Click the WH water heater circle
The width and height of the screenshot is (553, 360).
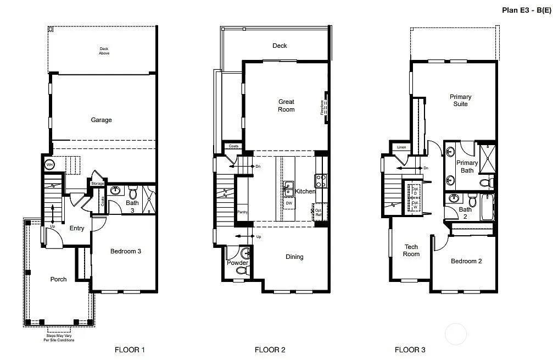(x=49, y=165)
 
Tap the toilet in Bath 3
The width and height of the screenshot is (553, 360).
(x=132, y=193)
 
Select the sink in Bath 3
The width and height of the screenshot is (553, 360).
(x=115, y=191)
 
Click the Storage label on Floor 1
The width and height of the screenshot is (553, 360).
(x=98, y=183)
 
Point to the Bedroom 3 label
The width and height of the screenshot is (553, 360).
(x=126, y=251)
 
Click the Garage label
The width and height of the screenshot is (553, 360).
(x=102, y=120)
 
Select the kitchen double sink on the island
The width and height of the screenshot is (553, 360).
(x=288, y=189)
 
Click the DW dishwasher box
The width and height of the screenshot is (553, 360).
(x=289, y=203)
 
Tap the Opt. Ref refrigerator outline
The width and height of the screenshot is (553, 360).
(x=320, y=212)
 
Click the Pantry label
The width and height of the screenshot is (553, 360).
(x=242, y=212)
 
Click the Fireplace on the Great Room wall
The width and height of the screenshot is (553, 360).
(x=325, y=107)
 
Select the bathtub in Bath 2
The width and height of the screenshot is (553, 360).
(x=487, y=207)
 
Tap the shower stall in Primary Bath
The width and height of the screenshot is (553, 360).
(x=487, y=158)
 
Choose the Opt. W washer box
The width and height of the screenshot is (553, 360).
(x=415, y=205)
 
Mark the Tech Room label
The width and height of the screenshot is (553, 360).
(x=411, y=251)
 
